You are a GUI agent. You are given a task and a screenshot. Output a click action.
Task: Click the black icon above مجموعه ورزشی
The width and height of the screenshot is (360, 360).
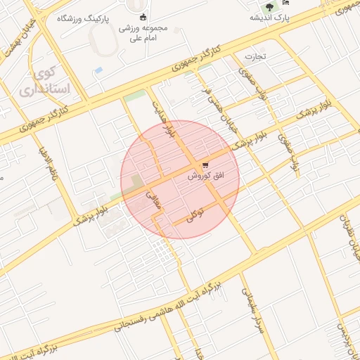pyautogui.click(x=143, y=17)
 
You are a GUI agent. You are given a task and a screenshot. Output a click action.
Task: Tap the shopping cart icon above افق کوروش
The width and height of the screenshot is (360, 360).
pyautogui.click(x=205, y=165)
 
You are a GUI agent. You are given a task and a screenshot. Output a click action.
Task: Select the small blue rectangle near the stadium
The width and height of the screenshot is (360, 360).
pyautogui.click(x=98, y=70)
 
